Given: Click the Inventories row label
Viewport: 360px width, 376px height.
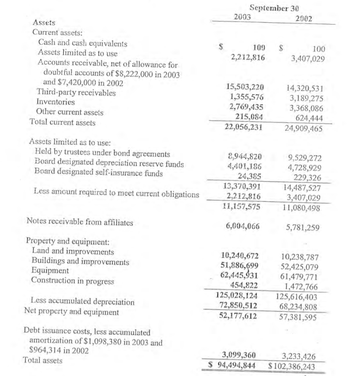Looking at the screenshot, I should click(56, 102).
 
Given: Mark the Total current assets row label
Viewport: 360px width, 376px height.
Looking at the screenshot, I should click(62, 123).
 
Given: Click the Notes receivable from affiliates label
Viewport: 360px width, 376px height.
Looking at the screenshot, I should click(79, 221).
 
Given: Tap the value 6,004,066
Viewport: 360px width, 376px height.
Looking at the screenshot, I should click(243, 227).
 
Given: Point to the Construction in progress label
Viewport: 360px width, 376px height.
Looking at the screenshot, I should click(73, 280).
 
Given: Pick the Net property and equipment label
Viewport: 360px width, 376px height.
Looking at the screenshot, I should click(71, 312).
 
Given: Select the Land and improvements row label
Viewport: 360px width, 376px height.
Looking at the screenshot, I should click(73, 252).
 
